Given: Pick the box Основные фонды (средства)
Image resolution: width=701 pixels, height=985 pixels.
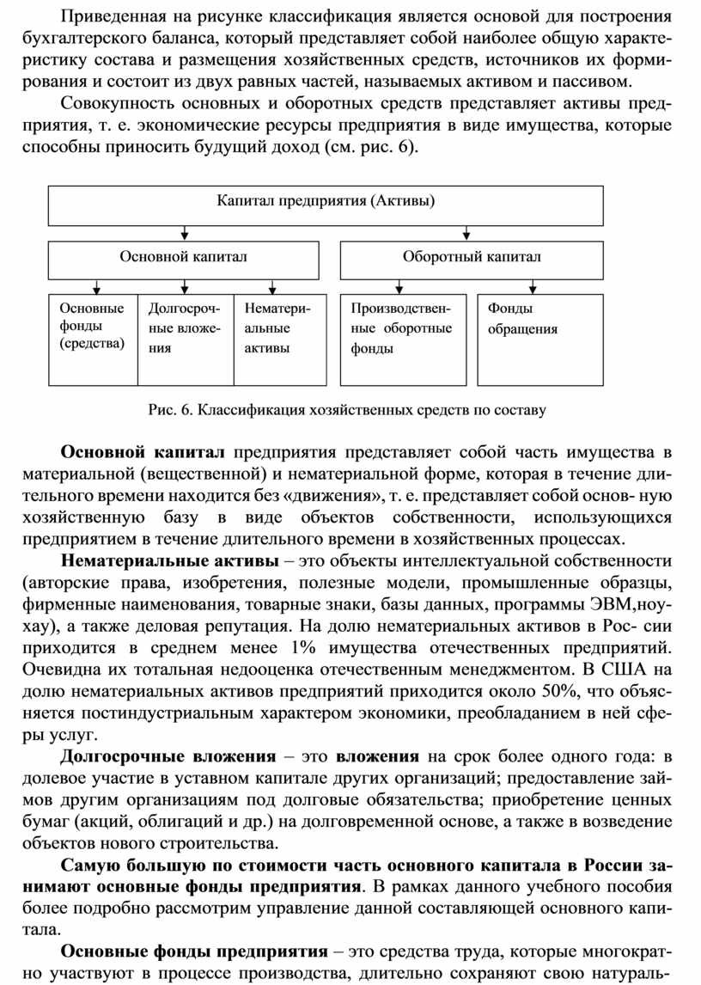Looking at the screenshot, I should click(92, 339).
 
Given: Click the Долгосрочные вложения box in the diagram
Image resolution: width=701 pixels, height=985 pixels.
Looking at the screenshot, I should click(186, 339).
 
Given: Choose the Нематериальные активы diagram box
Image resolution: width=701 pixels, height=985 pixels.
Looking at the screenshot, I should click(280, 339).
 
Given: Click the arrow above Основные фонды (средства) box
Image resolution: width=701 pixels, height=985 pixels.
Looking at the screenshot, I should click(96, 286).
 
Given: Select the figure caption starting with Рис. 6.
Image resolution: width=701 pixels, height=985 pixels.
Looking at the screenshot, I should click(347, 410).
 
